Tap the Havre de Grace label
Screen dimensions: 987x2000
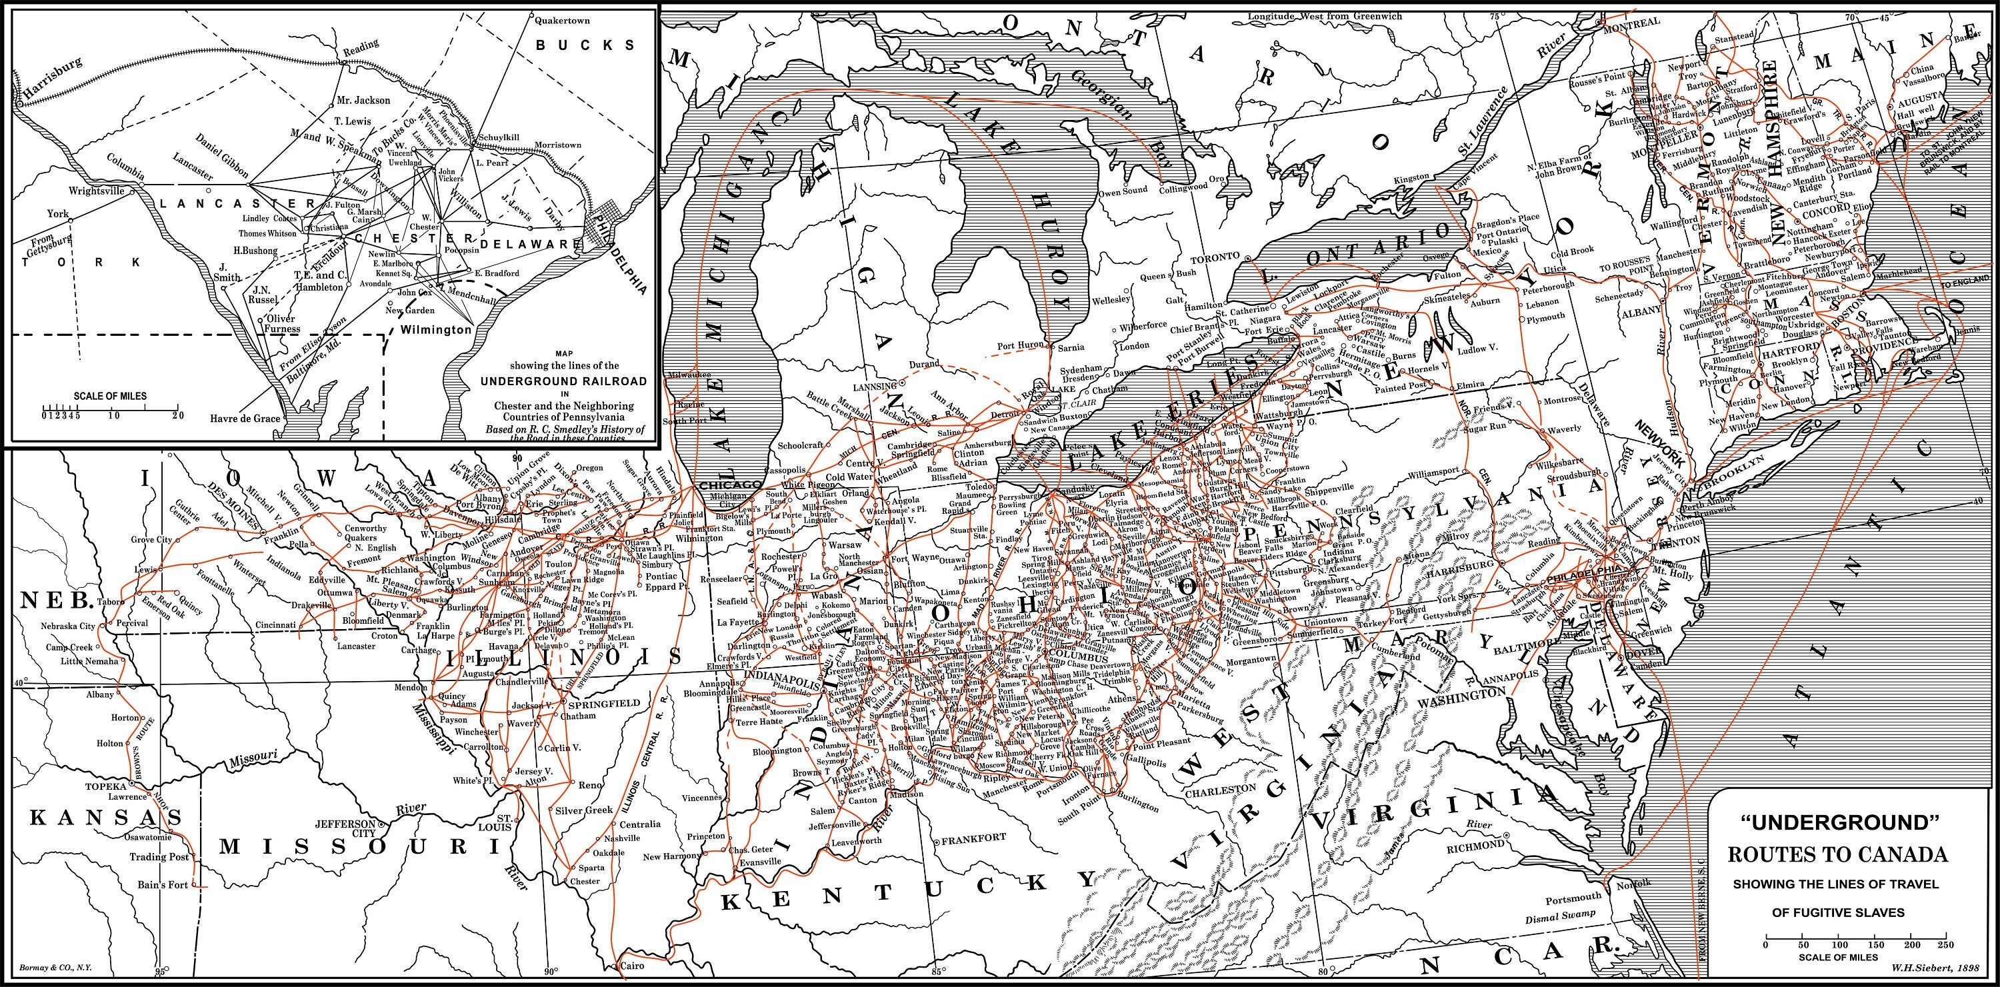(x=245, y=419)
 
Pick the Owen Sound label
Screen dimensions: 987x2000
(x=1123, y=190)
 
